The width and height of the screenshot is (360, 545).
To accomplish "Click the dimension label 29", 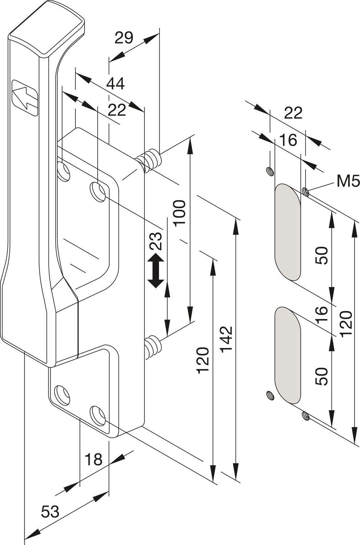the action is click(124, 38).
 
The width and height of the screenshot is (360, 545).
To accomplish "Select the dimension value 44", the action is click(116, 83).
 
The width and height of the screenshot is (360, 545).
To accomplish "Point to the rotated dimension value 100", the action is click(180, 213).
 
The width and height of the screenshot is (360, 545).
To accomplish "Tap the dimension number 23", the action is click(155, 241).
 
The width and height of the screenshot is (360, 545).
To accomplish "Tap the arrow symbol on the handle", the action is click(25, 98).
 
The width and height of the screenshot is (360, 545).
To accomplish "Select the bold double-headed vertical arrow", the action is click(156, 270).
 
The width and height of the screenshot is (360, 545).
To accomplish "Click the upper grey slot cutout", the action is click(288, 232).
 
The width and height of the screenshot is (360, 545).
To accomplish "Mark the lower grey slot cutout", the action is click(288, 355).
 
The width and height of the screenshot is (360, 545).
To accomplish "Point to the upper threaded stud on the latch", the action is click(148, 161).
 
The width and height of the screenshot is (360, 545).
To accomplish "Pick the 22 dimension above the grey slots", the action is click(293, 113).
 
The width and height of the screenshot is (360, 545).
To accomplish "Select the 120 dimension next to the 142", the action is click(203, 360).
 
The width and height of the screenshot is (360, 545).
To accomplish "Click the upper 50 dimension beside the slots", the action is click(322, 255).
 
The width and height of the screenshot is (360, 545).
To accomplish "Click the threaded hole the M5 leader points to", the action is click(306, 192).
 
